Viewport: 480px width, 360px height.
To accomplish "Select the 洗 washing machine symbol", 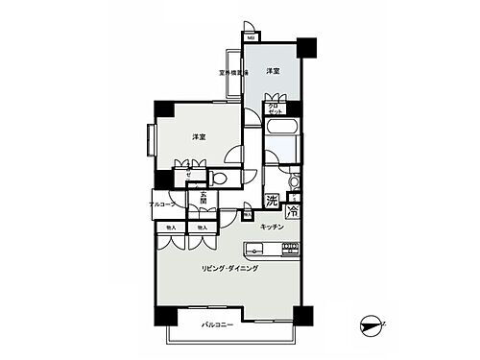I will (x=273, y=203).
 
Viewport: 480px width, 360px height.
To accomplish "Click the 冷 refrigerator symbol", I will (x=292, y=210).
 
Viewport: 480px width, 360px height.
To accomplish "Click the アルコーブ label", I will (x=162, y=204).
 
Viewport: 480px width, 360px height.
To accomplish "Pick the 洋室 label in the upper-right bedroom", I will (x=273, y=71).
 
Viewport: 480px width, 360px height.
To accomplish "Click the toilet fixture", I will (x=219, y=179).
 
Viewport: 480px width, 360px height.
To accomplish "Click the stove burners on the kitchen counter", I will (x=290, y=249).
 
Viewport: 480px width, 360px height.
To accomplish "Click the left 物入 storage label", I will (x=171, y=228).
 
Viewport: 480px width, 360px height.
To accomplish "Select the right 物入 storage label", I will (x=202, y=228).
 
